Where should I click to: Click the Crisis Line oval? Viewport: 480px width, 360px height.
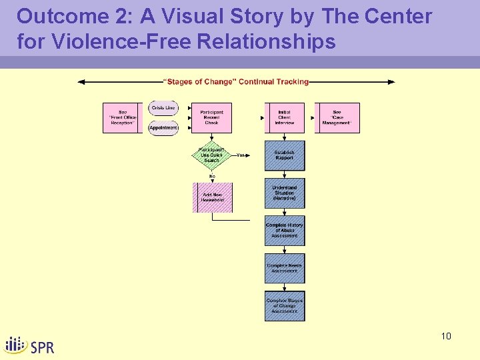(163, 108)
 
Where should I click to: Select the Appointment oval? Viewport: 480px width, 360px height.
(163, 127)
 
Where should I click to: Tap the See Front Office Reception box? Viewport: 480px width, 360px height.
(123, 118)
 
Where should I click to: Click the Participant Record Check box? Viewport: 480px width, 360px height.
(211, 118)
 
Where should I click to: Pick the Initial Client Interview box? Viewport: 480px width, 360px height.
(285, 118)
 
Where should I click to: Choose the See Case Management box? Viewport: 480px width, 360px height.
(337, 118)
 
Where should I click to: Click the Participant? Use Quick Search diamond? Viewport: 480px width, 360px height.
(211, 155)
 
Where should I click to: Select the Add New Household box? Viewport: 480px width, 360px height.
(213, 197)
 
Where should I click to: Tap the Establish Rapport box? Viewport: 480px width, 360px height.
(285, 155)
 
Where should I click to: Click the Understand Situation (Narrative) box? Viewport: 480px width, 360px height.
(285, 193)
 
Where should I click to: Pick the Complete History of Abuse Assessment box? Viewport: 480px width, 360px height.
(285, 230)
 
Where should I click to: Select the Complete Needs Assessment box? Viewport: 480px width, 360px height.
(285, 268)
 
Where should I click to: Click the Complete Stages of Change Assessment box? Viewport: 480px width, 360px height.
(285, 306)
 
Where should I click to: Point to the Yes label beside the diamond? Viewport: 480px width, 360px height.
(241, 155)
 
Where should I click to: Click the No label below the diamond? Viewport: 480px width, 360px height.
(212, 176)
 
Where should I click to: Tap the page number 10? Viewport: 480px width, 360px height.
(446, 336)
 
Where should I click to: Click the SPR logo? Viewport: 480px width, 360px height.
(30, 345)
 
